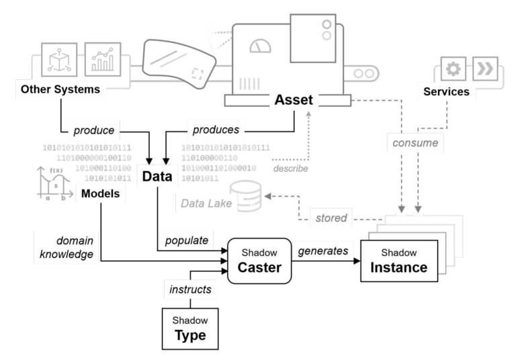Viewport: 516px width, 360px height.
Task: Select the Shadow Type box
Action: pos(190,327)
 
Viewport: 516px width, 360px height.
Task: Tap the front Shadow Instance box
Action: pos(398,261)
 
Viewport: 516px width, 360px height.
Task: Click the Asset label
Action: pos(294,100)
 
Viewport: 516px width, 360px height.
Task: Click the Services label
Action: pos(445,91)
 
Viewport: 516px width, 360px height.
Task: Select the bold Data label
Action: pos(157,177)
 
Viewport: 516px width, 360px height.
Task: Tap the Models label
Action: pos(100,194)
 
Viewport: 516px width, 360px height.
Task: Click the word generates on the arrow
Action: pos(323,251)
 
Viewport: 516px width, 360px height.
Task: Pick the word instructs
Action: pos(189,289)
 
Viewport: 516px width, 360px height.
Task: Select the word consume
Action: pos(416,142)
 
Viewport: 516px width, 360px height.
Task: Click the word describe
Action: pos(290,169)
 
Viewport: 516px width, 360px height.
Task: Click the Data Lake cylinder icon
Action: pos(247,195)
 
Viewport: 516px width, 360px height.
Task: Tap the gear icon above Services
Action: pos(452,69)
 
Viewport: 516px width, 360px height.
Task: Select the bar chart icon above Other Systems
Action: pos(103,60)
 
